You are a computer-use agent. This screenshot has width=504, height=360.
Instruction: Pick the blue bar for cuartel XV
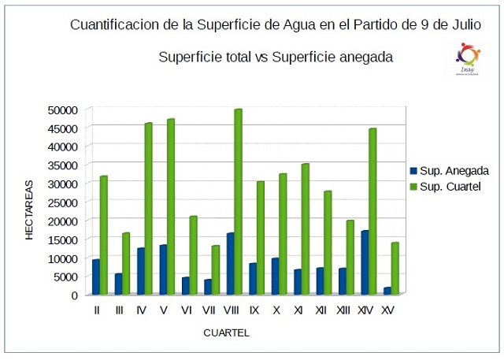[x=387, y=291]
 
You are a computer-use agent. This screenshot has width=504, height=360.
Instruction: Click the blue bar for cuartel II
[x=95, y=276]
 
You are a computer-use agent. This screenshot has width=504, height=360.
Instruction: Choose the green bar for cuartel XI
[x=305, y=228]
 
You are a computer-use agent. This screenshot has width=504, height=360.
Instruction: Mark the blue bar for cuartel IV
[x=140, y=271]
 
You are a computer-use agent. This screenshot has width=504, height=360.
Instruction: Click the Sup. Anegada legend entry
[x=450, y=170]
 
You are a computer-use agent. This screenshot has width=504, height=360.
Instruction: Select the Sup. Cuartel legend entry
[x=448, y=186]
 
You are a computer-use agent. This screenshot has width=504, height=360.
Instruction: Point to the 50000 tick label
[x=62, y=109]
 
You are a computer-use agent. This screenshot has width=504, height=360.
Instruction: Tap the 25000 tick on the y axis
[x=62, y=202]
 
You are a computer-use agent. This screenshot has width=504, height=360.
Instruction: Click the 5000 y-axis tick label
[x=65, y=276]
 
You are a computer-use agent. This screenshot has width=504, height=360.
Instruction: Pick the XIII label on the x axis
[x=343, y=311]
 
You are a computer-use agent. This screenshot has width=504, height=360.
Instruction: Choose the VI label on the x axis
[x=187, y=311]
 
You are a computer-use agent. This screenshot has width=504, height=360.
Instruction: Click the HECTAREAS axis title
[x=29, y=210]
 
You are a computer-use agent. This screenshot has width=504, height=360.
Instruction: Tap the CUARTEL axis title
[x=226, y=333]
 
